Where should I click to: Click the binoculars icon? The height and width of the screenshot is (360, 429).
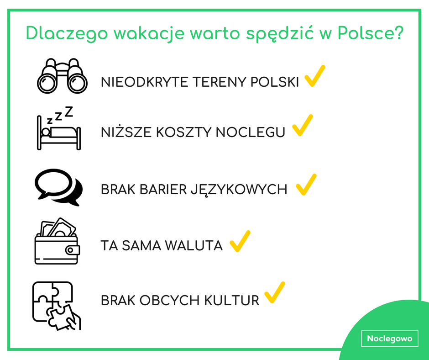click(62, 76)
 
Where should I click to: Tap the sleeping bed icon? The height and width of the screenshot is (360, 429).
click(59, 129)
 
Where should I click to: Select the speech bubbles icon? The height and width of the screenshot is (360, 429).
click(58, 187)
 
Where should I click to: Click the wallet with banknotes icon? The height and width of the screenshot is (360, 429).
click(57, 241)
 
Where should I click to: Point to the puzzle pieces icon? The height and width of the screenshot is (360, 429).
click(57, 306)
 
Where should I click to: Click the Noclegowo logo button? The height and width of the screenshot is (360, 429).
click(390, 339)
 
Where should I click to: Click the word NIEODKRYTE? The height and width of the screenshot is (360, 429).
click(145, 82)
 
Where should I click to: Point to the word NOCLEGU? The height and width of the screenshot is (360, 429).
click(251, 132)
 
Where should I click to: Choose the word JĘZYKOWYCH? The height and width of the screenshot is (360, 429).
click(239, 190)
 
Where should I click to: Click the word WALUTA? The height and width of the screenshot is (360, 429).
click(194, 245)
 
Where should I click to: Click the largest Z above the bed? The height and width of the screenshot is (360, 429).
click(69, 111)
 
